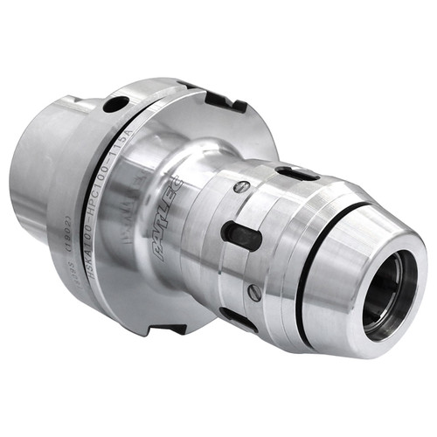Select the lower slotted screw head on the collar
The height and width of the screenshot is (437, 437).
(253, 292)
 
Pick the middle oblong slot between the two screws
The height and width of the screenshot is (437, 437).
(243, 234)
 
